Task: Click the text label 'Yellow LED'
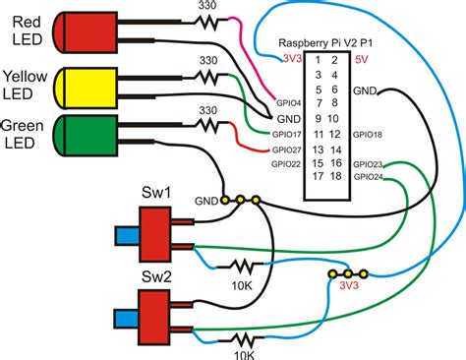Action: tap(27, 86)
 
